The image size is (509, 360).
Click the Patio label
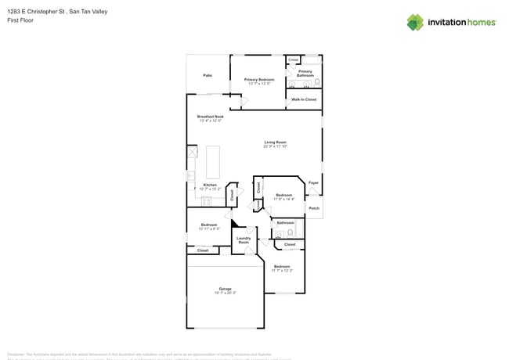point(208,76)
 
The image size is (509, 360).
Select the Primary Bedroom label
point(258,81)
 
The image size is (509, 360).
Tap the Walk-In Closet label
point(304,99)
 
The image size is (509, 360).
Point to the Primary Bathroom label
point(305,73)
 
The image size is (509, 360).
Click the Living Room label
point(275,144)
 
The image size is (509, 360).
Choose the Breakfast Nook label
point(211,118)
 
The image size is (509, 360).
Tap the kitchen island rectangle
point(213,162)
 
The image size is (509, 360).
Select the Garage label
point(225,290)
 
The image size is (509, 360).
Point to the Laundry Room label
point(244,239)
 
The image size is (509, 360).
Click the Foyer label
point(313,183)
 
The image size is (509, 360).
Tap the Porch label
point(313,208)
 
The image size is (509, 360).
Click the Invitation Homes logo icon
point(415,22)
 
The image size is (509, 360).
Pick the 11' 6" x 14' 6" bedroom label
point(283,197)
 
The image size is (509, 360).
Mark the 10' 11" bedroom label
point(208,226)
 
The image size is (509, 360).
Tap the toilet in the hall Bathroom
point(290,232)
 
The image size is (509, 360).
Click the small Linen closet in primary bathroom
point(293,59)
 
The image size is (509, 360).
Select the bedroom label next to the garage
point(282,268)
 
